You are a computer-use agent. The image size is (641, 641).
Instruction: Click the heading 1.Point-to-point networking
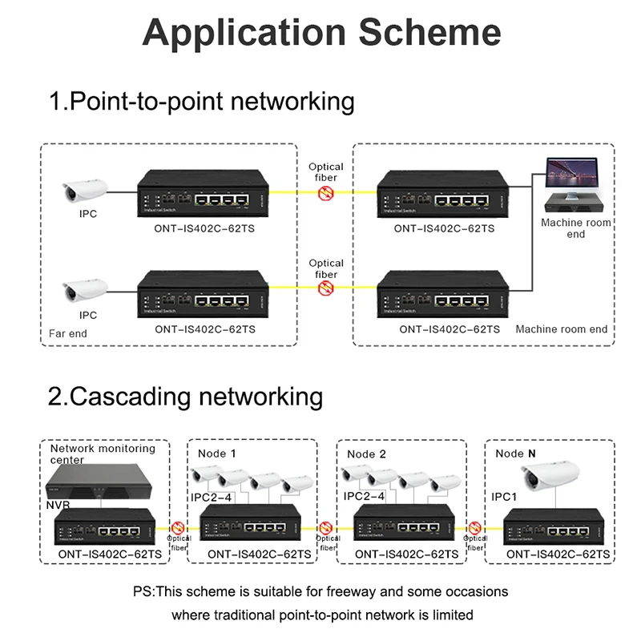tap(201, 102)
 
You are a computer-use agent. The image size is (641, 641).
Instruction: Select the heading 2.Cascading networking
tap(186, 397)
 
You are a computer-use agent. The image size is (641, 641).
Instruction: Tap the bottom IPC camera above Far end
tap(87, 288)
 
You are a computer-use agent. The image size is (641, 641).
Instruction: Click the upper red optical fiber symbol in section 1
tap(326, 193)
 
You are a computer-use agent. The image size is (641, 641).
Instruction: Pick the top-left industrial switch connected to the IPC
tap(204, 195)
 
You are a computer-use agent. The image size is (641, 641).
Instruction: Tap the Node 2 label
tap(366, 454)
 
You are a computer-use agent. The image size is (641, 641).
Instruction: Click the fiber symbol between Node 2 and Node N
tap(475, 527)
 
